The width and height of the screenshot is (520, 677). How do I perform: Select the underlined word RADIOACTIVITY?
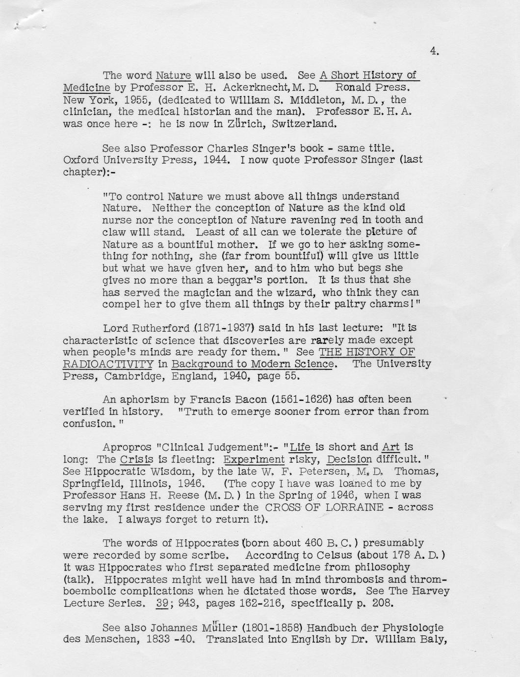pyautogui.click(x=108, y=364)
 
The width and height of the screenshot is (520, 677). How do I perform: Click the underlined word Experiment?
pyautogui.click(x=254, y=460)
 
